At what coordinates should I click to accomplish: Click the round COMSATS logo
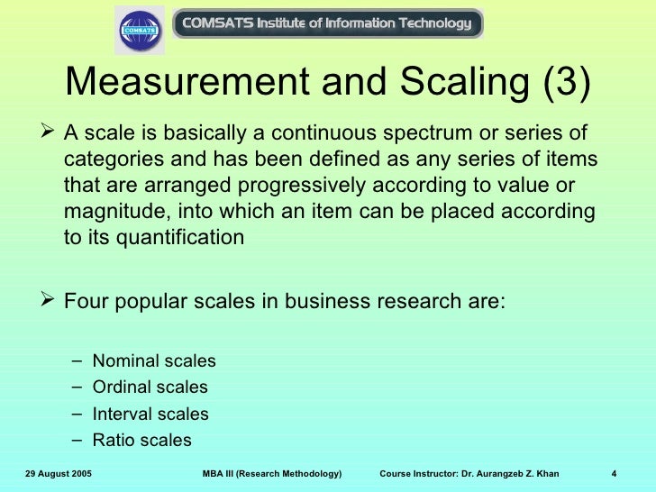point(140,30)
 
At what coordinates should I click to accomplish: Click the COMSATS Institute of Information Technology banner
point(327,23)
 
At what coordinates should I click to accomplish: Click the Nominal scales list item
point(154,361)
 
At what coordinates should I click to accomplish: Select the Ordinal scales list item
point(150,387)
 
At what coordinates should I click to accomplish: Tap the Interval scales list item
point(150,415)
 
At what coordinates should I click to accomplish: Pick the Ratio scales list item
point(141,441)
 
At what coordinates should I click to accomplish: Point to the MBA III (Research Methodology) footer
point(272,474)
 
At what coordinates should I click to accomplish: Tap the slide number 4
point(613,474)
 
